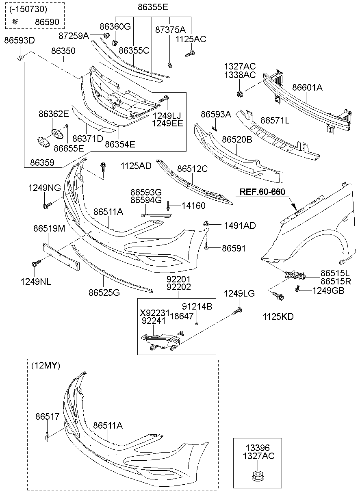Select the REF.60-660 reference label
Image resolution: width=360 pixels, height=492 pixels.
point(262,191)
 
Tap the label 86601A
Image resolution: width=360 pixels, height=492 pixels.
point(307,87)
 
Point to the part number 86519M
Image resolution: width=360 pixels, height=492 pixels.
point(49,229)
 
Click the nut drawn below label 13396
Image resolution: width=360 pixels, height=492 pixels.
point(256,475)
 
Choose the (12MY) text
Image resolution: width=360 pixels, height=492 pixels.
point(45,366)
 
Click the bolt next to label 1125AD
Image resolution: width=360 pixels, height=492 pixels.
point(103,166)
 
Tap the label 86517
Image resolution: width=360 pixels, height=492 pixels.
point(47,416)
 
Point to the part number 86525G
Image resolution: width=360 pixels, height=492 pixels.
point(104,292)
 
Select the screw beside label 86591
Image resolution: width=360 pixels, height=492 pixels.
point(207,247)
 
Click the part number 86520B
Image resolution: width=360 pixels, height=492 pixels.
point(237,139)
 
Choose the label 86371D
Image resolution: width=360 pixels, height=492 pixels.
point(88,139)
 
